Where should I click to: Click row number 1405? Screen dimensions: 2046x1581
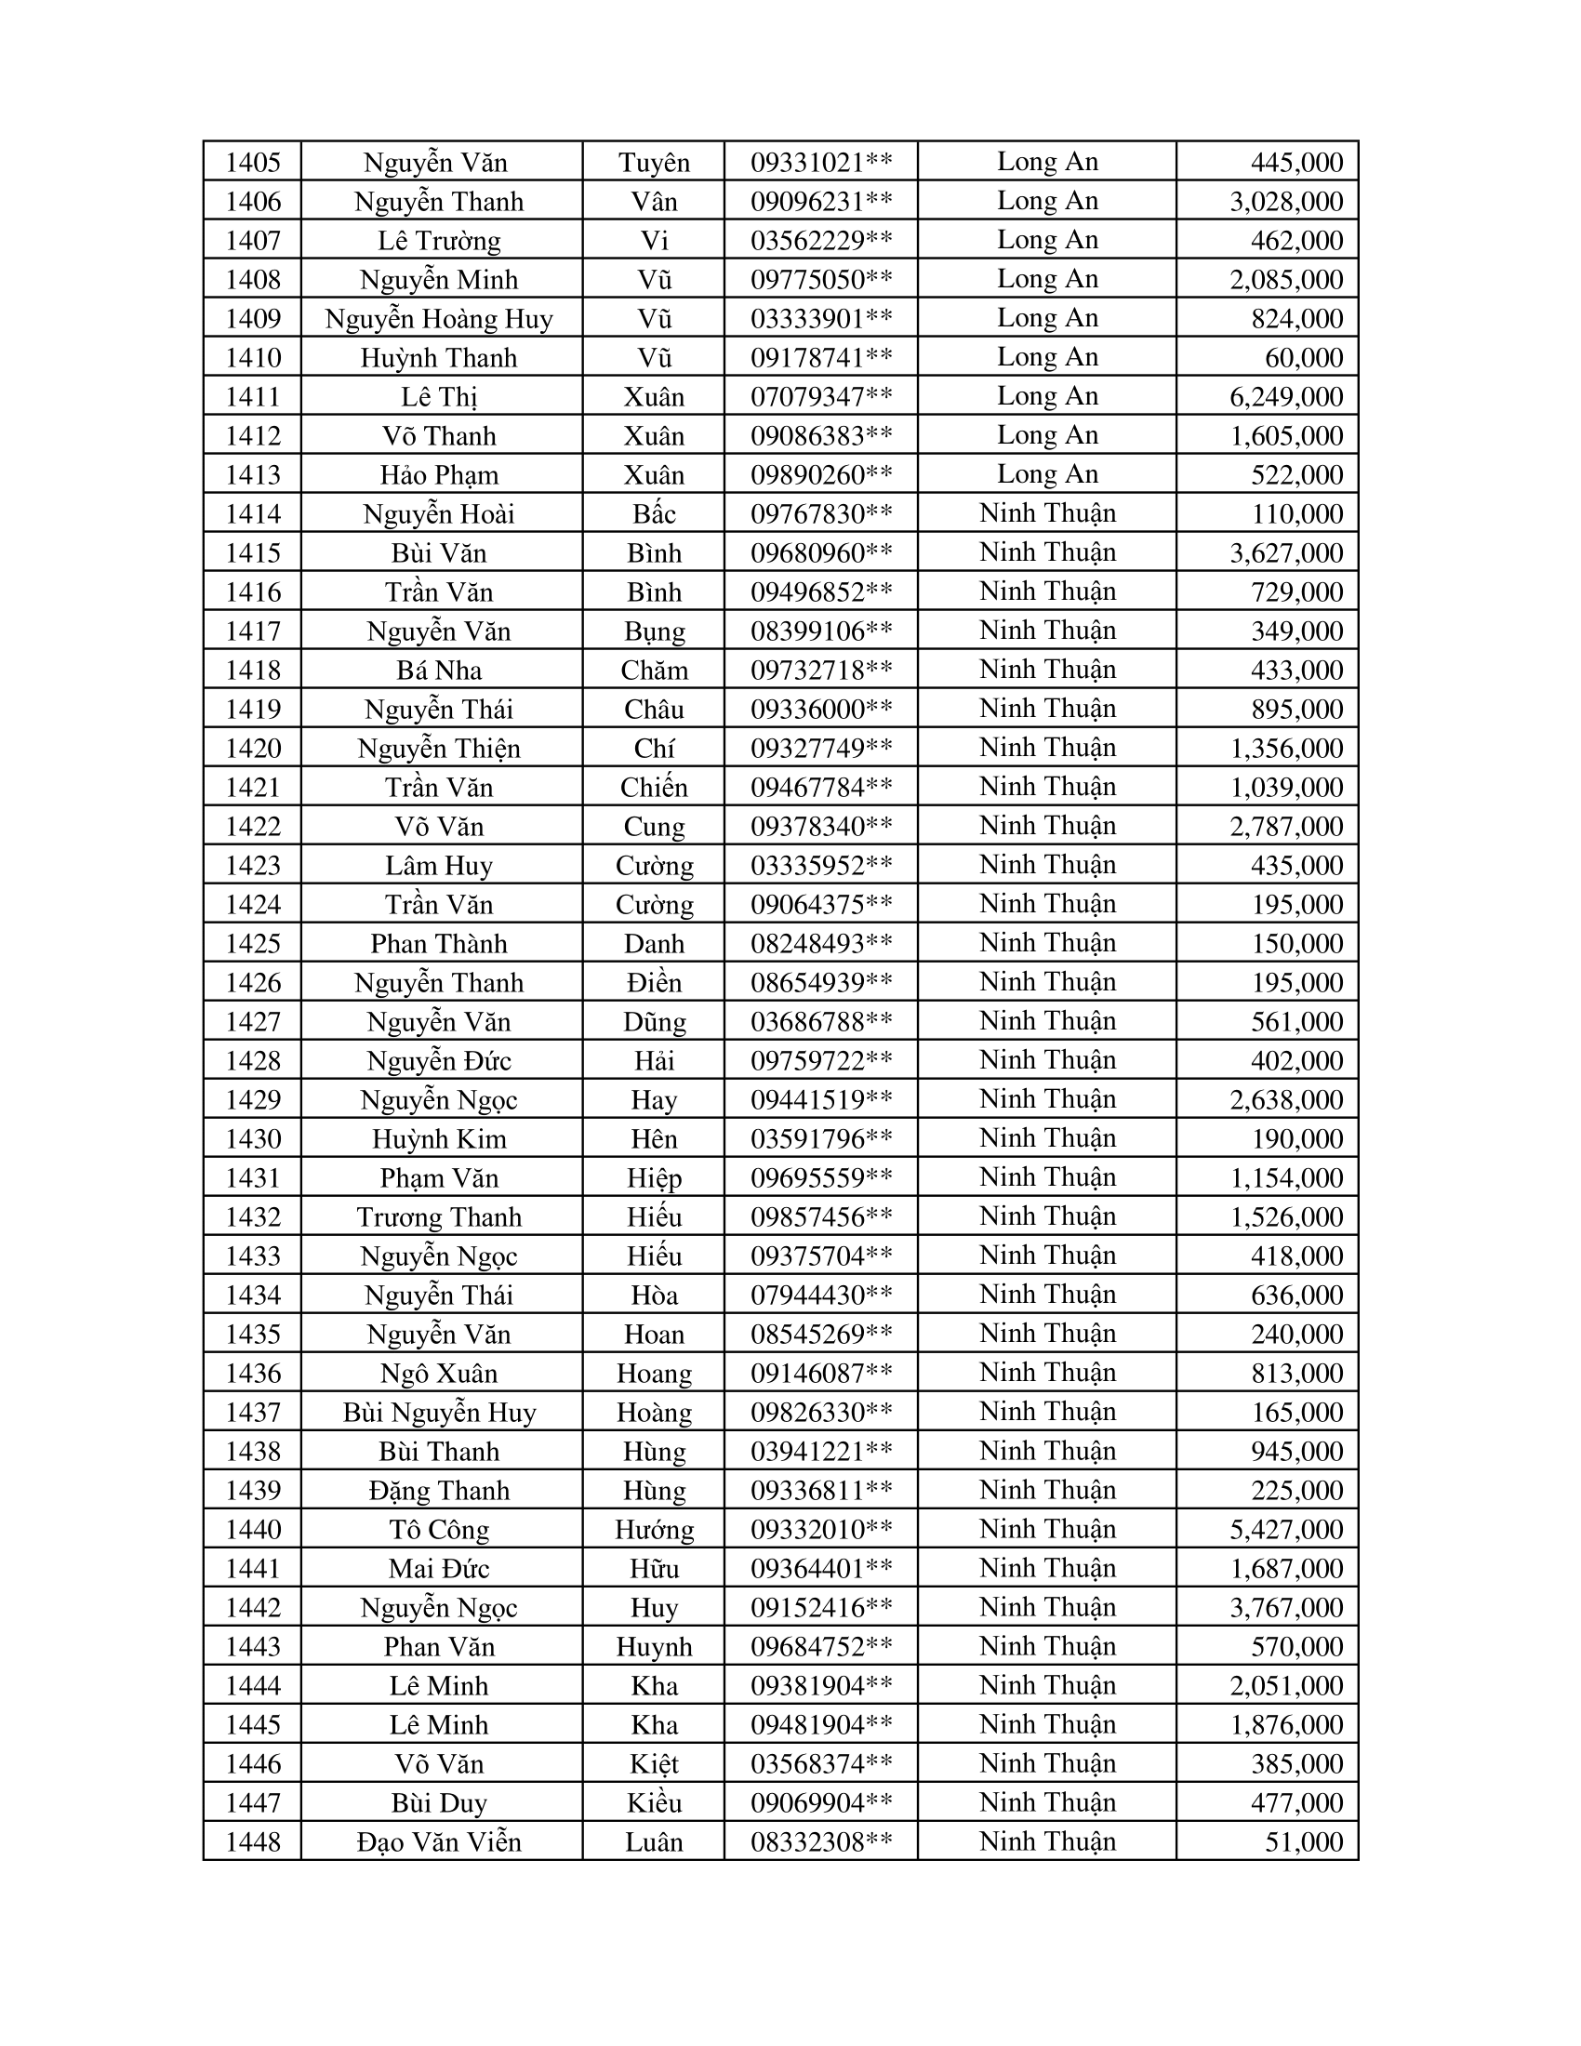[253, 162]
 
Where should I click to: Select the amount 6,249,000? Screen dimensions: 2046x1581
[1286, 396]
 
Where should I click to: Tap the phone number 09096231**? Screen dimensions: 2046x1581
[821, 202]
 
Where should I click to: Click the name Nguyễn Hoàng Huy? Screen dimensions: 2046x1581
[439, 318]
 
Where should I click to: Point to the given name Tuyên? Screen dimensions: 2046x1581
[654, 162]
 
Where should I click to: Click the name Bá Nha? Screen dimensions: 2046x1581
[439, 670]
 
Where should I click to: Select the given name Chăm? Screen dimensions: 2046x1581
[654, 670]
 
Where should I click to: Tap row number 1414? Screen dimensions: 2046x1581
[253, 513]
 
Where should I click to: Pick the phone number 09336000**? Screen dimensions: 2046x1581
[821, 710]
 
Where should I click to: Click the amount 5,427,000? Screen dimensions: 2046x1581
[1286, 1529]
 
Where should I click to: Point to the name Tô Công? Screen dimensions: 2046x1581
[439, 1529]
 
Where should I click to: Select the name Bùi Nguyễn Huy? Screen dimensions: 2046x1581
[439, 1412]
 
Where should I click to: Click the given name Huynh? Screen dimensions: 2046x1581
[654, 1646]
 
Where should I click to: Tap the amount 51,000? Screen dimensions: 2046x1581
[1304, 1841]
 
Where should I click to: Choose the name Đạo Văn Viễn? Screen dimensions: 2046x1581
[439, 1841]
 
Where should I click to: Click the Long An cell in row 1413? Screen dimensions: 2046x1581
[1047, 474]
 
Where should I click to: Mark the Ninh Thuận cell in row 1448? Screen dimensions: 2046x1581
[1047, 1840]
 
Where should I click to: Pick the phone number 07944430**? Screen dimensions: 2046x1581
[821, 1295]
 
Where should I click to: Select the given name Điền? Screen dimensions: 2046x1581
[654, 982]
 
